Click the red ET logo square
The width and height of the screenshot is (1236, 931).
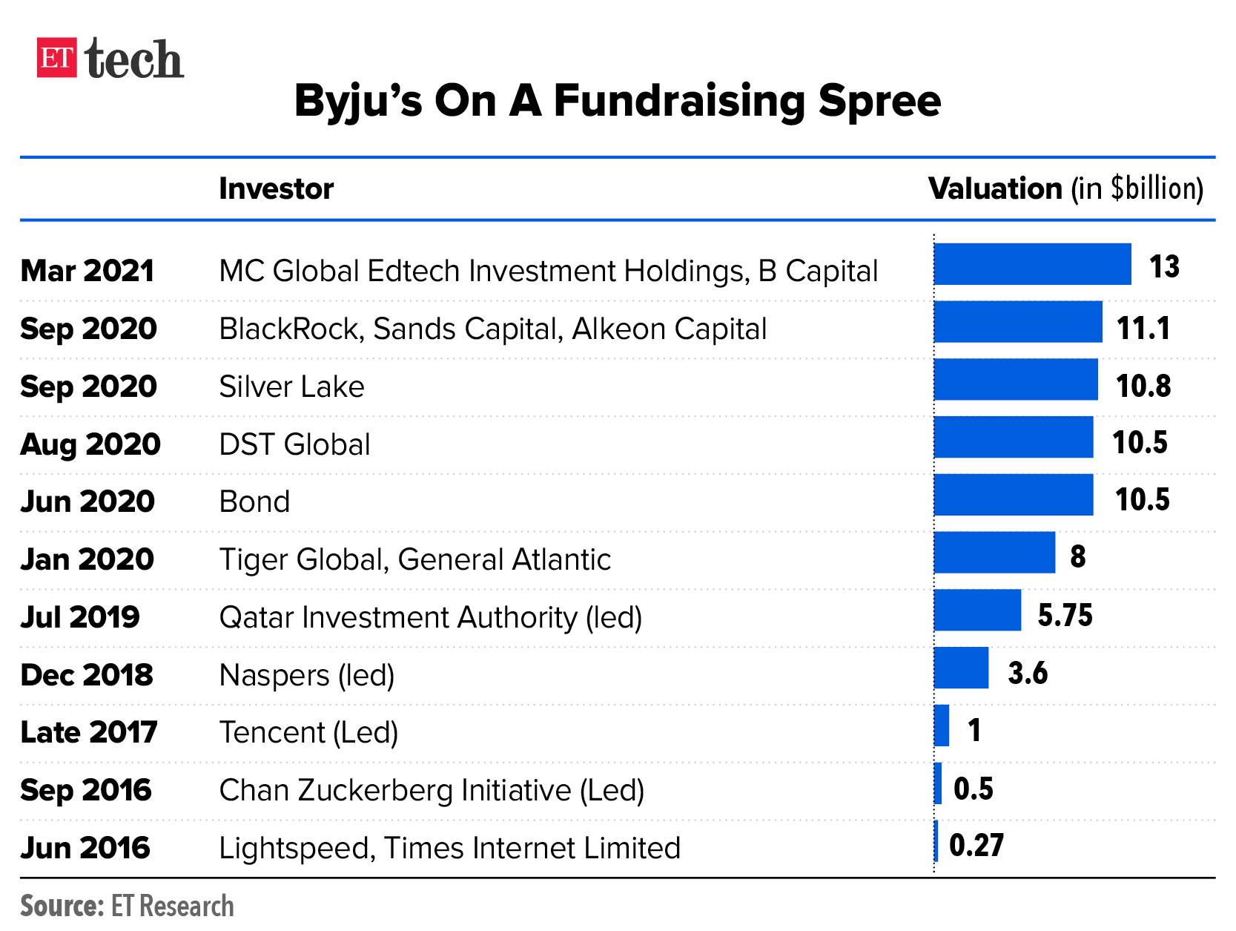56,57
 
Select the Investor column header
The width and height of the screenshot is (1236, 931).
276,189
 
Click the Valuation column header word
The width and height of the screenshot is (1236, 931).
995,189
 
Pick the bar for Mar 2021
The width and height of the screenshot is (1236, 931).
1032,264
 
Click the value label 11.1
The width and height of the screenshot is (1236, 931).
1143,328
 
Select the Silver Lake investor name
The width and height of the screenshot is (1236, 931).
291,386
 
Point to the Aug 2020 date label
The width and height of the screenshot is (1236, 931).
90,444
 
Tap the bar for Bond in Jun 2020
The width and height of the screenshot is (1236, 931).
1013,495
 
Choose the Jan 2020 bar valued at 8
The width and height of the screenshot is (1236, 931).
994,553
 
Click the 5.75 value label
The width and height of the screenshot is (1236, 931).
1065,616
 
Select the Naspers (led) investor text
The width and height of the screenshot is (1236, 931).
307,675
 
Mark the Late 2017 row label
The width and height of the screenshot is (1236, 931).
89,732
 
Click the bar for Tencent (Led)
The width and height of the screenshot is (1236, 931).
942,726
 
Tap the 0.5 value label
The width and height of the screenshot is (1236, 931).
973,789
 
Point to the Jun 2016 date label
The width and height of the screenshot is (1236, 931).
85,848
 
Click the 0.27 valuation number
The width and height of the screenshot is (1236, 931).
976,846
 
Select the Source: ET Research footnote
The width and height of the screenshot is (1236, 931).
127,906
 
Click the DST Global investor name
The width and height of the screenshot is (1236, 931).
294,444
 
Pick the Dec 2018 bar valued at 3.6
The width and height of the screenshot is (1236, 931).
961,668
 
